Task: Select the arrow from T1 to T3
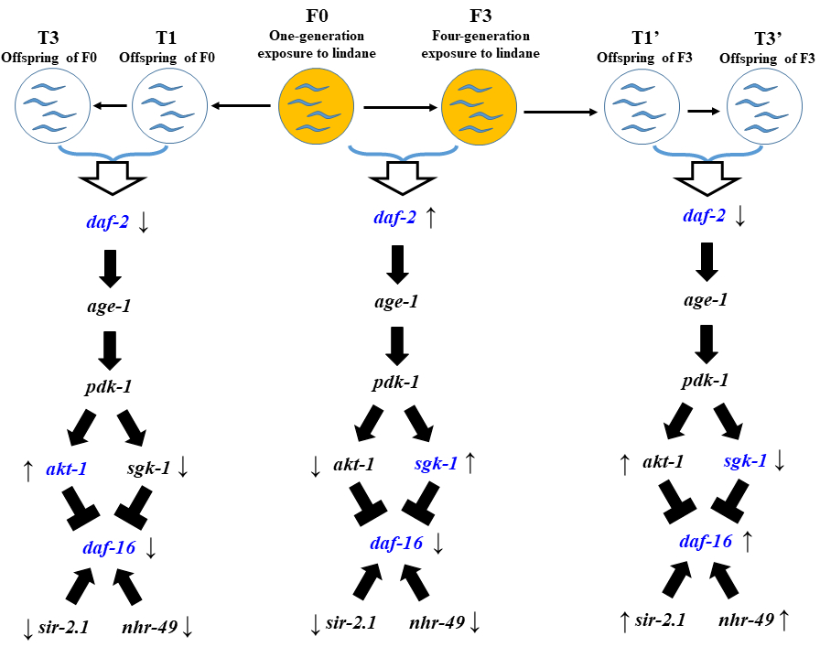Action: [110, 107]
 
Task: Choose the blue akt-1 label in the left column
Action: [66, 470]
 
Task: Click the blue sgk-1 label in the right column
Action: [744, 462]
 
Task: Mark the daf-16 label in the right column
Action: [706, 542]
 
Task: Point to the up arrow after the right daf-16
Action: [748, 542]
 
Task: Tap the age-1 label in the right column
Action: [706, 299]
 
